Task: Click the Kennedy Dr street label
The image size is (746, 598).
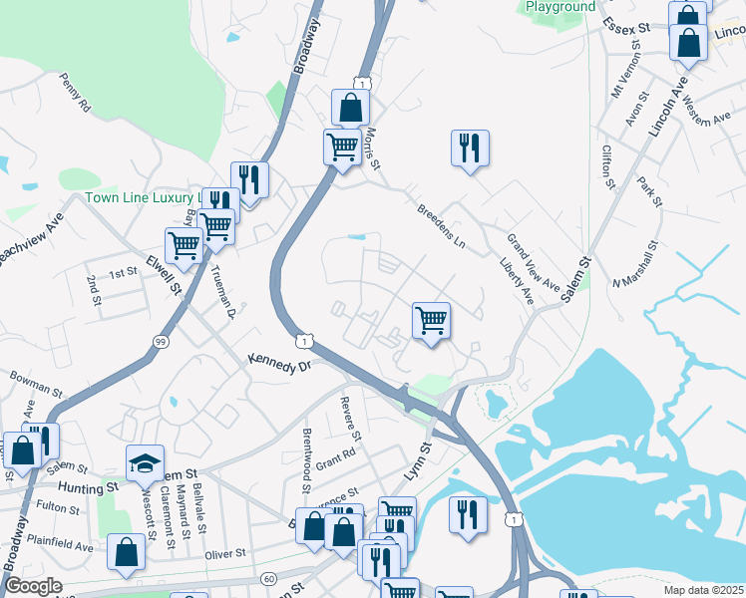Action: point(280,365)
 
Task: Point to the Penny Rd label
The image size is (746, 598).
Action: point(75,91)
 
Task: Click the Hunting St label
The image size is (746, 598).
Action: point(88,487)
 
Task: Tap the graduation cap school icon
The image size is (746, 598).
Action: point(145,461)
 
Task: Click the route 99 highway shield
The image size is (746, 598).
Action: point(161,342)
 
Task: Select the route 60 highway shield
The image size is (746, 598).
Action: point(269,579)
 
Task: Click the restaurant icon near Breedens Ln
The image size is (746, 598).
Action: point(470,148)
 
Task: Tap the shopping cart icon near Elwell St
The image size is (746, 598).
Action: point(184,244)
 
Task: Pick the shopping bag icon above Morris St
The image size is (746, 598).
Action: point(351,106)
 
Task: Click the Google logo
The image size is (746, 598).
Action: point(35,586)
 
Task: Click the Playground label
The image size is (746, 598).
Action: point(560,6)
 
